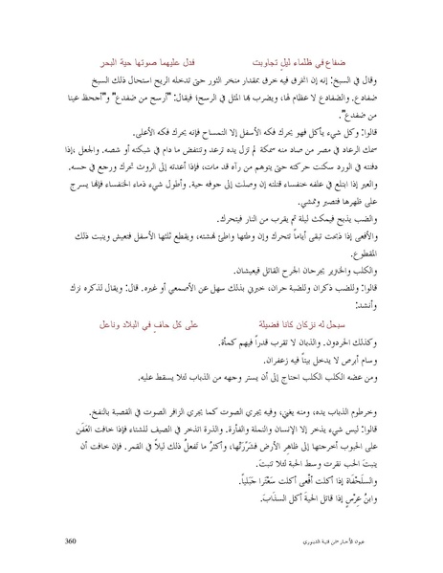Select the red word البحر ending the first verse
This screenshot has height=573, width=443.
coord(119,45)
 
